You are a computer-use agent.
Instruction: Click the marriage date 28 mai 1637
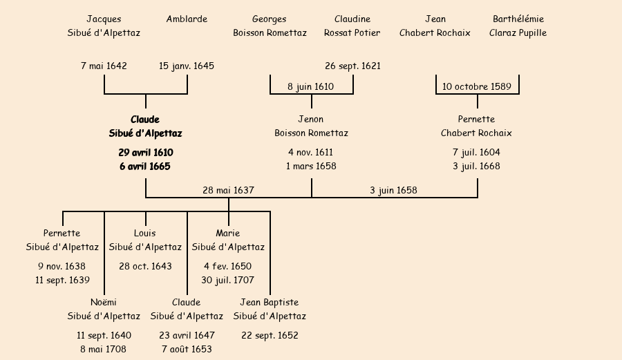click(228, 190)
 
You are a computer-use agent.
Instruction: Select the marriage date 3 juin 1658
click(393, 190)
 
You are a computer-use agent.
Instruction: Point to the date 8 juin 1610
click(310, 86)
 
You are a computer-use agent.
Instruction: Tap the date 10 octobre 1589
click(477, 86)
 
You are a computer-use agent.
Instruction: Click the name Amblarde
click(187, 19)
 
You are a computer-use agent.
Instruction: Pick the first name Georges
click(269, 19)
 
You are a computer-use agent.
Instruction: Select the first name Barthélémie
click(518, 19)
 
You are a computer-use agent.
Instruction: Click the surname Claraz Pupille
click(518, 32)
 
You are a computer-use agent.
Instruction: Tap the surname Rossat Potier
click(352, 32)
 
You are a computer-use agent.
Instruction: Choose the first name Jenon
click(310, 119)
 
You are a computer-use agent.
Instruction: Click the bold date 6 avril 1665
click(145, 166)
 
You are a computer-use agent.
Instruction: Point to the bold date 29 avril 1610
click(145, 152)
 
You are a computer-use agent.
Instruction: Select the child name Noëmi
click(104, 302)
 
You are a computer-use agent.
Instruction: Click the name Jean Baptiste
click(269, 302)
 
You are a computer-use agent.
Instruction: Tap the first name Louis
click(144, 233)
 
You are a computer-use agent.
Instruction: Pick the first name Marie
click(227, 233)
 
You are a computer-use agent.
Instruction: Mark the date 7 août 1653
click(187, 349)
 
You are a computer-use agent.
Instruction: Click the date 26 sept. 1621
click(352, 66)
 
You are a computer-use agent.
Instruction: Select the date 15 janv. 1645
click(187, 66)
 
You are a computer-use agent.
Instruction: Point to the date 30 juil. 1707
click(227, 280)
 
